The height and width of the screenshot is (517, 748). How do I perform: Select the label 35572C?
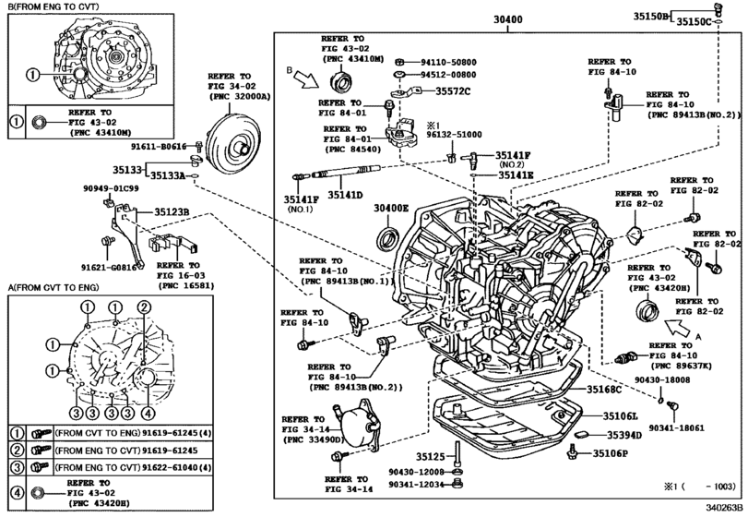tap(453, 90)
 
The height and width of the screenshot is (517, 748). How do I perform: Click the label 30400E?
tap(391, 208)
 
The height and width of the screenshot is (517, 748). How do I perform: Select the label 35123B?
tap(171, 211)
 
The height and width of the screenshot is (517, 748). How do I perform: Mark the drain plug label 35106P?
tap(610, 453)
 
